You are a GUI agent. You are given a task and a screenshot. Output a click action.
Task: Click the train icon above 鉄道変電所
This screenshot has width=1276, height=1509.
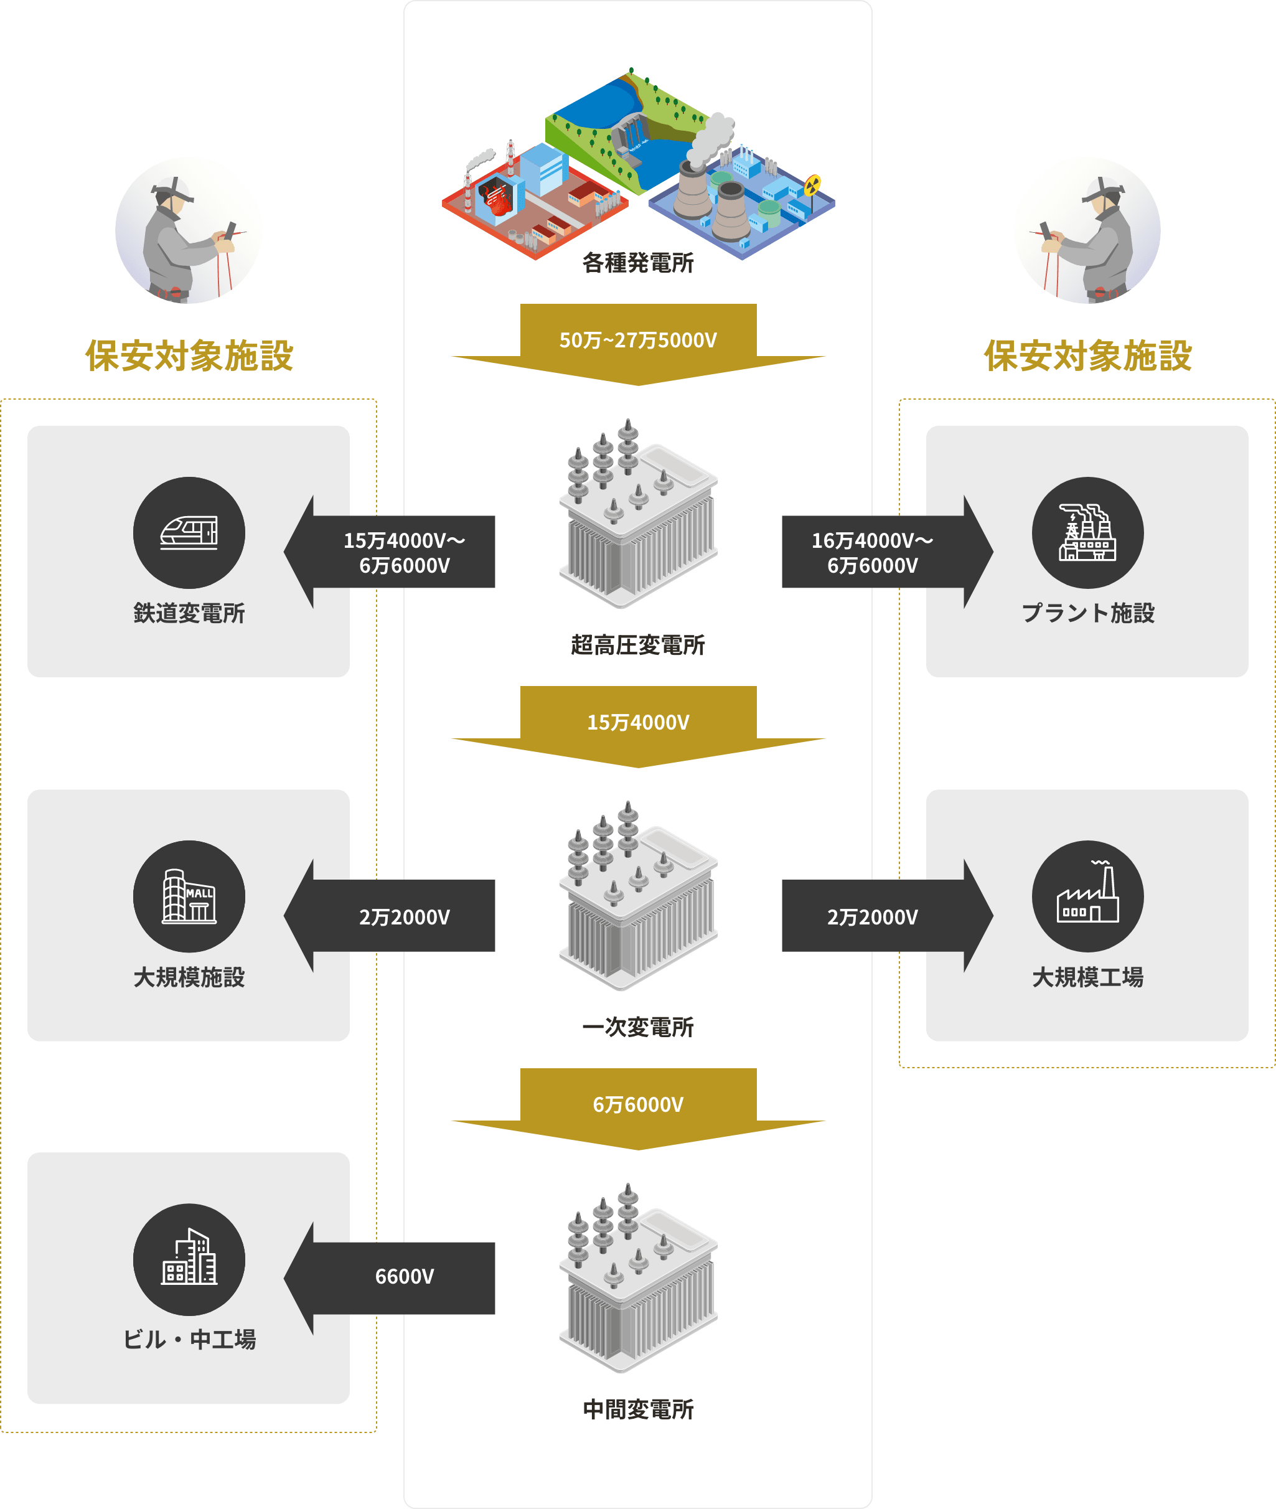coord(189,532)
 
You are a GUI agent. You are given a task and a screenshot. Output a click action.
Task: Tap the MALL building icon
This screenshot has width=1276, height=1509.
coord(189,896)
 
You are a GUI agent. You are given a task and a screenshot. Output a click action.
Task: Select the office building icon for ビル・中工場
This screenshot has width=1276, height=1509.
coord(189,1259)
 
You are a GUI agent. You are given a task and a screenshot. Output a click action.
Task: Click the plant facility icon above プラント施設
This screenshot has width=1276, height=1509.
coord(1087,532)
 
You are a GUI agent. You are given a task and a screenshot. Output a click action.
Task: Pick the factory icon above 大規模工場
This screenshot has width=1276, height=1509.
coord(1087,896)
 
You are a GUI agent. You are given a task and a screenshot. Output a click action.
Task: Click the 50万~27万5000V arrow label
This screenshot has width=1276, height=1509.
coord(638,340)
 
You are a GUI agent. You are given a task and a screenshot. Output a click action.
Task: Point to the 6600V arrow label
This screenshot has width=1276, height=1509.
coord(405,1277)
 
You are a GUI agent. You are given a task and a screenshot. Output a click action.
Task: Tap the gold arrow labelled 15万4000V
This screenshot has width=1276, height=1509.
coord(638,723)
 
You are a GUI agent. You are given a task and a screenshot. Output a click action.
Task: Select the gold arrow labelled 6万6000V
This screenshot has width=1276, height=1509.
coord(638,1104)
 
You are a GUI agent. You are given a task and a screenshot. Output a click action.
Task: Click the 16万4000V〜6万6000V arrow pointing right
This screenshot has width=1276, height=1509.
coord(873,553)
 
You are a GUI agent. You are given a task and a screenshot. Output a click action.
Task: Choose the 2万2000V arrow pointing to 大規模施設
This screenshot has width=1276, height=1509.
coord(405,917)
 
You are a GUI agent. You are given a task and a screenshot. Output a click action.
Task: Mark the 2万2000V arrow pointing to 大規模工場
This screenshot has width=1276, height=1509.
coord(873,917)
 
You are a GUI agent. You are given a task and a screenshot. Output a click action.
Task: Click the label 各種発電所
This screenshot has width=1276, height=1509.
coord(638,263)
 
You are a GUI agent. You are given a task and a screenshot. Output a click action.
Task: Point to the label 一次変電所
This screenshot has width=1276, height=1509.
coord(638,1027)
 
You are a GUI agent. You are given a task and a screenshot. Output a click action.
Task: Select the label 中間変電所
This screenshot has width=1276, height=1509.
coord(638,1409)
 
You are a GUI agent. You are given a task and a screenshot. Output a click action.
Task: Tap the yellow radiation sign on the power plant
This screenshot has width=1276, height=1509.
coord(812,185)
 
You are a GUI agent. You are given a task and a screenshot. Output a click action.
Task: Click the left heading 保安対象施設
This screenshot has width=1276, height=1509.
coord(189,356)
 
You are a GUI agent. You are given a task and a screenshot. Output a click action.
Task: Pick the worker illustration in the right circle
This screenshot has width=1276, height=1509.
coord(1087,231)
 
